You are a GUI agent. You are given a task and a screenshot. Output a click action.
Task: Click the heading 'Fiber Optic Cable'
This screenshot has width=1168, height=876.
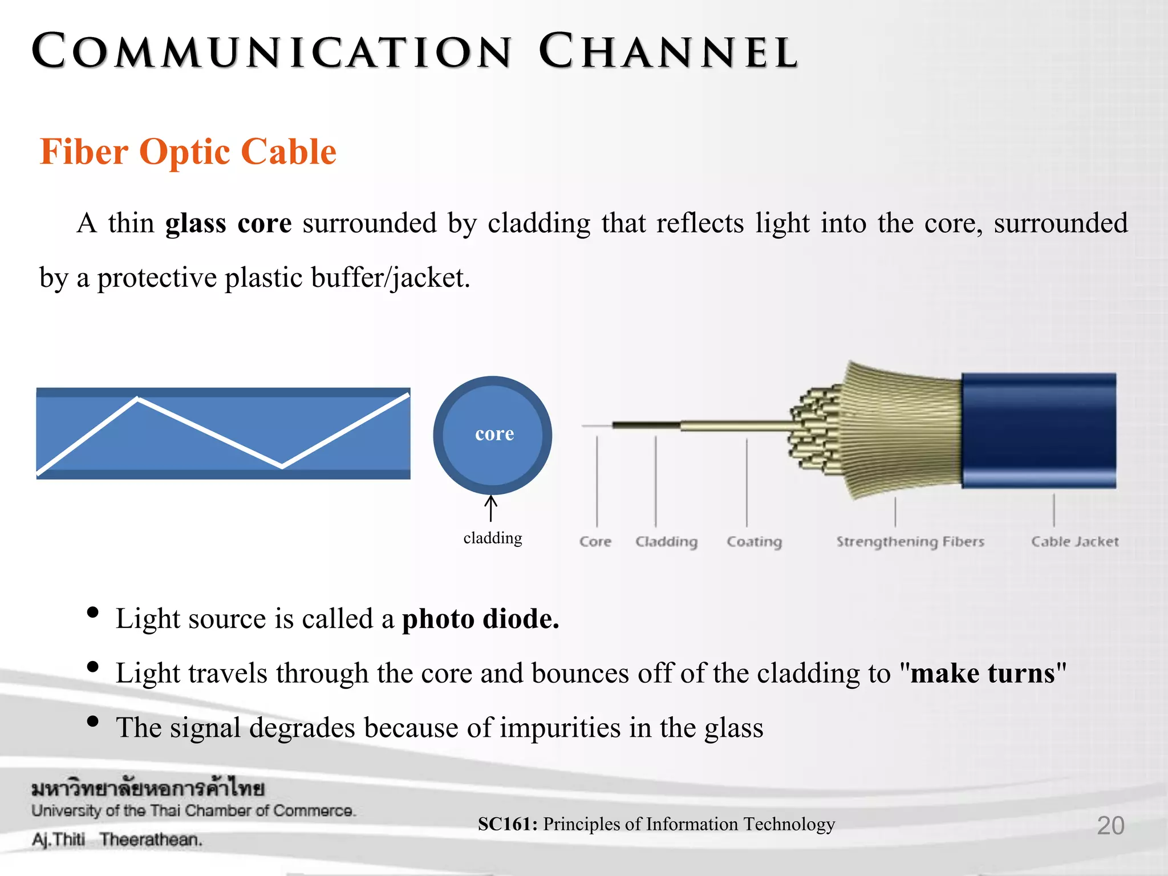click(188, 152)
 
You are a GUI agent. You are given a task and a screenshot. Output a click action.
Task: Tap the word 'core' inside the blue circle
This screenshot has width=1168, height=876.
click(494, 434)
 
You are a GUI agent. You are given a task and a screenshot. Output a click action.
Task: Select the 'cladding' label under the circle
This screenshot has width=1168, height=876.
click(493, 538)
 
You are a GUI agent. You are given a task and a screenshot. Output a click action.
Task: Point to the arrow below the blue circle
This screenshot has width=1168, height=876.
click(491, 508)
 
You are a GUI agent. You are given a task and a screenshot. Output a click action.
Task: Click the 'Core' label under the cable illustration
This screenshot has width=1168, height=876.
click(595, 541)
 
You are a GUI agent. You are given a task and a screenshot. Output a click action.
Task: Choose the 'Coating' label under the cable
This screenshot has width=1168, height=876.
click(754, 541)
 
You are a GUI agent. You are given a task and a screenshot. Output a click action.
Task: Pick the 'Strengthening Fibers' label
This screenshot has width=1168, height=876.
click(910, 541)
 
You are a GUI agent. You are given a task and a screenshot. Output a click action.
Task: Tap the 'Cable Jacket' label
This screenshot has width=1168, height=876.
click(1074, 541)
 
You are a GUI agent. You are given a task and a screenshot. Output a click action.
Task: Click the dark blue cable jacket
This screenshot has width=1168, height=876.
click(1038, 431)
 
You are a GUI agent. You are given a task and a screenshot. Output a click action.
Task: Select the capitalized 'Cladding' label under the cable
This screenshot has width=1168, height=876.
click(666, 541)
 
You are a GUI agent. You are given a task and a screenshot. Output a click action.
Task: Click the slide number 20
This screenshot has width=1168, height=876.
click(1110, 825)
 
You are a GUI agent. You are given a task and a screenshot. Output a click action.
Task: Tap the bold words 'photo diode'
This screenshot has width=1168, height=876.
click(480, 619)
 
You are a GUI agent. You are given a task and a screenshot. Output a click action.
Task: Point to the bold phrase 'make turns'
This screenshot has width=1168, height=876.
click(982, 674)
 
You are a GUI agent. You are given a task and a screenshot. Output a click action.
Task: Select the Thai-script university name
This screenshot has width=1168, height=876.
click(148, 789)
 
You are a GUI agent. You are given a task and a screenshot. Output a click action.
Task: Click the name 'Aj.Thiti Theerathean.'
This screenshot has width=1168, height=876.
click(117, 839)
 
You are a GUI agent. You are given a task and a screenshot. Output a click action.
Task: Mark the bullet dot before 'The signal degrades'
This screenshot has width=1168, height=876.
click(92, 721)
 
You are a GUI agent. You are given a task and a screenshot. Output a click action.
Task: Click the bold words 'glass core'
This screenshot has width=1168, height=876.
click(228, 223)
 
